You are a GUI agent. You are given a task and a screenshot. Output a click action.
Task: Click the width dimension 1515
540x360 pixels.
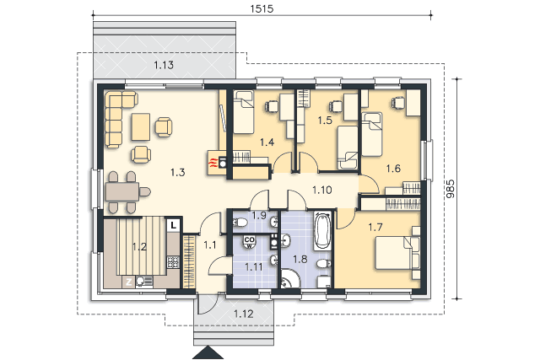pyautogui.click(x=262, y=8)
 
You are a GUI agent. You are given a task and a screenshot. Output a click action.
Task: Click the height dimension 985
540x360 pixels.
pyautogui.click(x=450, y=189)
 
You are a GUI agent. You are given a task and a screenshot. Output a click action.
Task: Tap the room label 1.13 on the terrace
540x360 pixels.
pyautogui.click(x=164, y=65)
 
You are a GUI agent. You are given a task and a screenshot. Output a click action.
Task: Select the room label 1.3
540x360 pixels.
pyautogui.click(x=178, y=172)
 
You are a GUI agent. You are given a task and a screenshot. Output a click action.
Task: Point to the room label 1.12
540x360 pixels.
pyautogui.click(x=244, y=314)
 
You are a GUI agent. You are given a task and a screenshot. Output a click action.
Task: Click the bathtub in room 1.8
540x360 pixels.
pyautogui.click(x=322, y=231)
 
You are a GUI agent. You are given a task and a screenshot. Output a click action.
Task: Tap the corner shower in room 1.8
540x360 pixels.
pyautogui.click(x=289, y=279)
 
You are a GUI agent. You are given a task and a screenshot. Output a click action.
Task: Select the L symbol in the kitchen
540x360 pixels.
pyautogui.click(x=174, y=225)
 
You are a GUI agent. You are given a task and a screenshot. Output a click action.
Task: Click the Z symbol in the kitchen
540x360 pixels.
pyautogui.click(x=128, y=282)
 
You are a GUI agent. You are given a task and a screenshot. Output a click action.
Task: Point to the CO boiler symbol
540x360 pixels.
pyautogui.click(x=249, y=241)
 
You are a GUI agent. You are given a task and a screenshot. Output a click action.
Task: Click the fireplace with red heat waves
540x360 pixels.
pyautogui.click(x=216, y=163)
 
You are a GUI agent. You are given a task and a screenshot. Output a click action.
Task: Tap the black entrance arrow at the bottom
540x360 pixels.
pyautogui.click(x=208, y=352)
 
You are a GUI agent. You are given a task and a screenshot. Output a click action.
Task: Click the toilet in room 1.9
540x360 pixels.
pyautogui.click(x=240, y=223)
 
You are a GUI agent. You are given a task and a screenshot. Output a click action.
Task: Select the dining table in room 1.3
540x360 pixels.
pyautogui.click(x=121, y=192)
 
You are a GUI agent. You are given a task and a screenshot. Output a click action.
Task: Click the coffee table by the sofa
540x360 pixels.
pyautogui.click(x=141, y=126)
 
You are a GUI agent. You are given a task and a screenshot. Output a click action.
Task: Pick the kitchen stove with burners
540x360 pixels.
pyautogui.click(x=173, y=262)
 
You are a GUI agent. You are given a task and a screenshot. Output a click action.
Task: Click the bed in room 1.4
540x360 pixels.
pyautogui.click(x=244, y=112)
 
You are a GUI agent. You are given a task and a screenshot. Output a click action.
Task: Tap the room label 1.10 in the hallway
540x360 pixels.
pyautogui.click(x=322, y=190)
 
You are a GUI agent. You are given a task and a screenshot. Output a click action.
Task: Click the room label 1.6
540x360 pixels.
pyautogui.click(x=393, y=169)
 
